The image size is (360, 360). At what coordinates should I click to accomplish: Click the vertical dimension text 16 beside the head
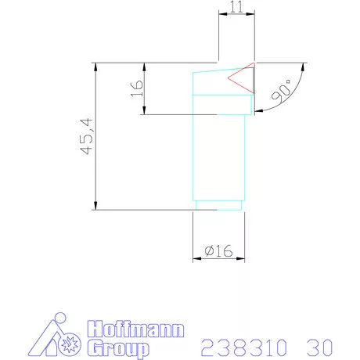[136, 88]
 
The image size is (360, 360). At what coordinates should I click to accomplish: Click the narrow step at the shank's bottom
[218, 206]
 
